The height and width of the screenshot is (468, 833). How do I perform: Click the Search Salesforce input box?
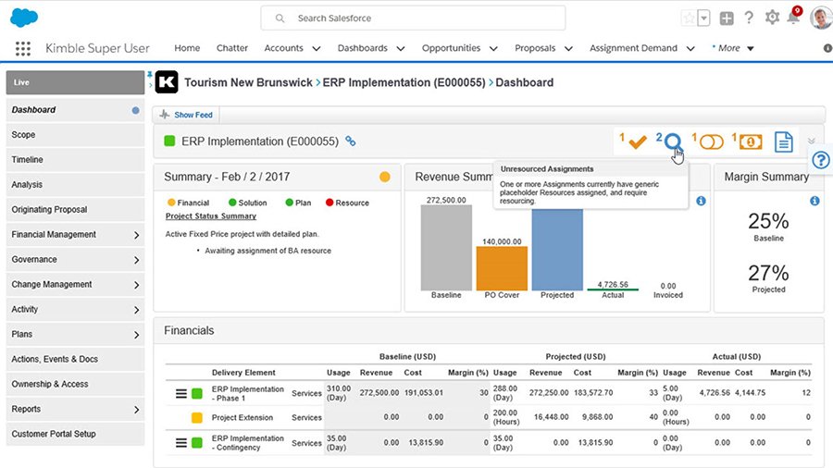click(412, 18)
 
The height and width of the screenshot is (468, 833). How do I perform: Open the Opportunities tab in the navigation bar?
click(451, 48)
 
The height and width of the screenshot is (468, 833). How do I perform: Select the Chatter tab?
click(232, 48)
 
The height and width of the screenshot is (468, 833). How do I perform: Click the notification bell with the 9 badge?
click(792, 18)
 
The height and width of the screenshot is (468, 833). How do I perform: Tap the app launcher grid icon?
click(23, 49)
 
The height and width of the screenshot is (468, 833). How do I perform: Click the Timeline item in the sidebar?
click(28, 160)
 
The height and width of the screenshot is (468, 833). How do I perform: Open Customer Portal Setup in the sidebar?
click(53, 434)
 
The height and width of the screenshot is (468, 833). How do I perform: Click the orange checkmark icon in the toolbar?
click(637, 142)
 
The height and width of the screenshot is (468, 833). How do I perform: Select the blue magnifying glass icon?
click(674, 142)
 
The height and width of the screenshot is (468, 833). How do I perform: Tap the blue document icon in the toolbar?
click(783, 142)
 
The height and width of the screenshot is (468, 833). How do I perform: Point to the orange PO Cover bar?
click(502, 267)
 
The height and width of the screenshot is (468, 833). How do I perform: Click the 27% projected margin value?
click(768, 273)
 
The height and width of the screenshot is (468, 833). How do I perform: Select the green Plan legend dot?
click(290, 203)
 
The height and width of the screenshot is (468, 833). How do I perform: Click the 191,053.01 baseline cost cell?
click(425, 393)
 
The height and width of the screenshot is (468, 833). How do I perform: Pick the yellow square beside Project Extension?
click(196, 418)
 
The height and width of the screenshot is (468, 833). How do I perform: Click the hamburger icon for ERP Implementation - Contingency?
click(181, 443)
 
